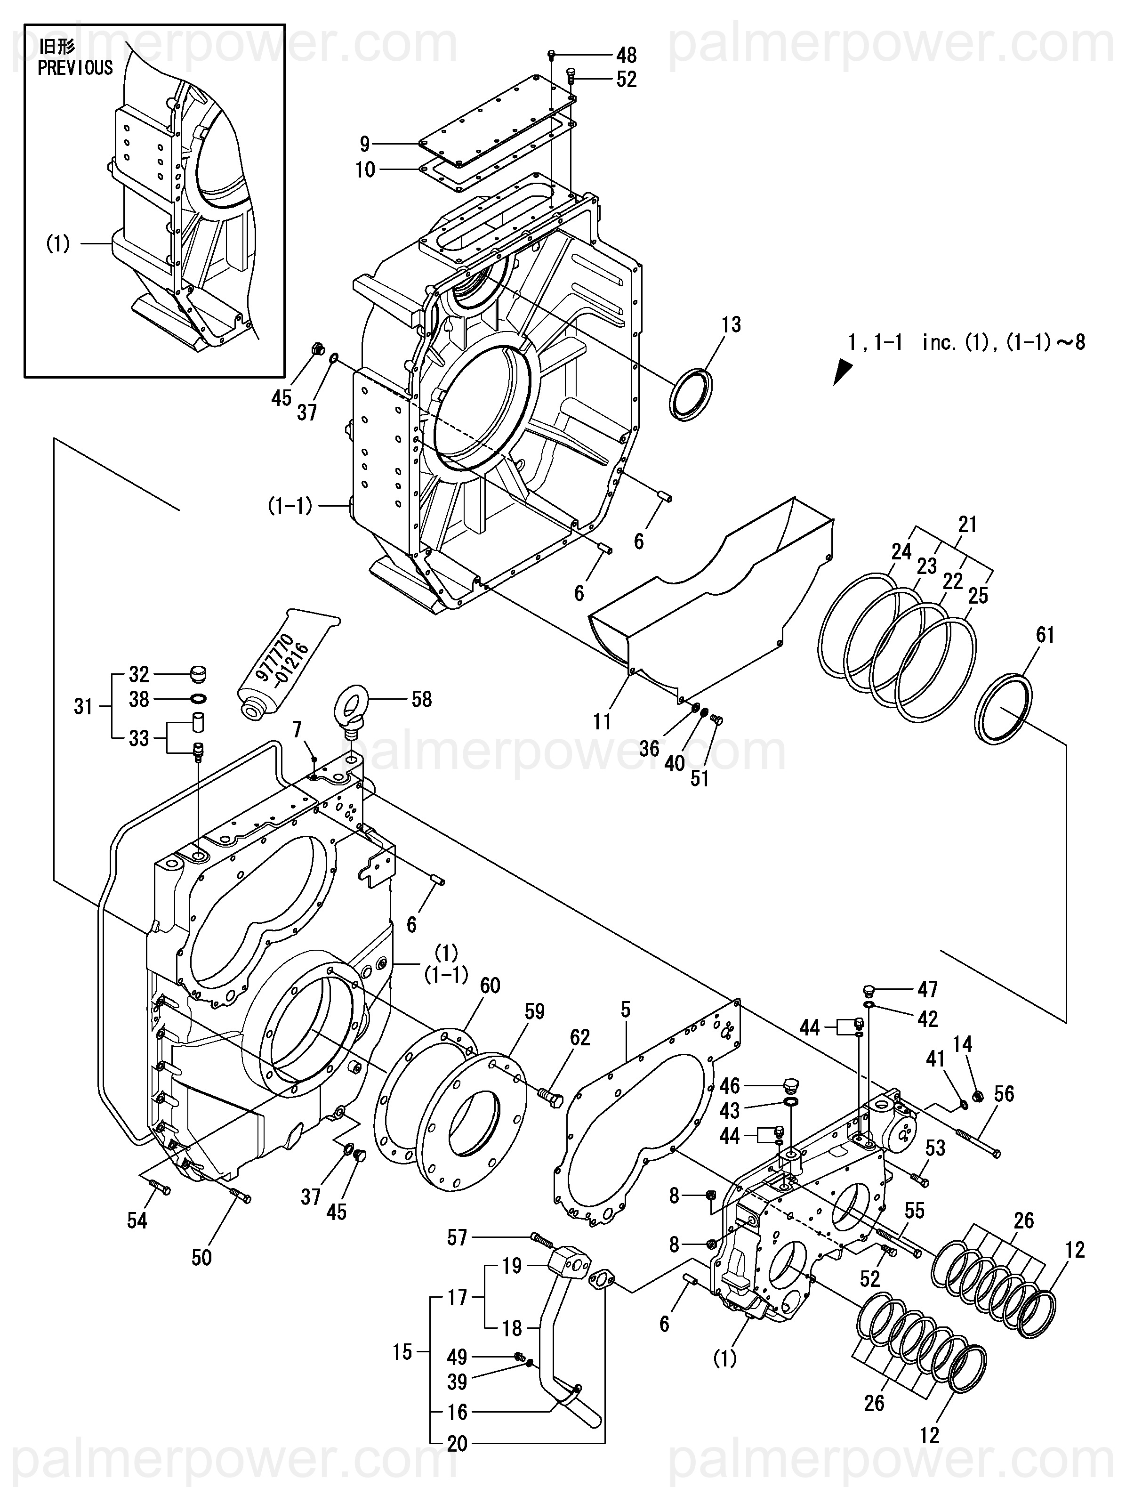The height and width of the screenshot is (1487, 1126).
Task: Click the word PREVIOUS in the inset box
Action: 75,68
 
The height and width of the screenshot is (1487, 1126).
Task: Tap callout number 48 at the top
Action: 626,55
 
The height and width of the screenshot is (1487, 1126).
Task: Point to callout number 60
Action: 490,986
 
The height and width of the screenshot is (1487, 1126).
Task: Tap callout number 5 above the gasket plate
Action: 626,1009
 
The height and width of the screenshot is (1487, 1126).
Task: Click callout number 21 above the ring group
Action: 967,525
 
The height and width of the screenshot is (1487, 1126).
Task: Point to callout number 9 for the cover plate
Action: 364,143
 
